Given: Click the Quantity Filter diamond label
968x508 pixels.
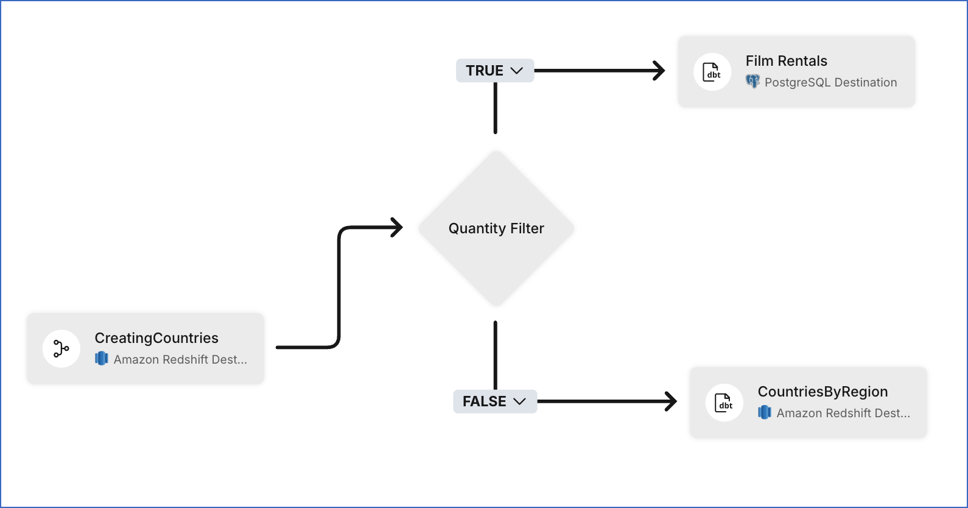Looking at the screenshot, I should click(496, 228).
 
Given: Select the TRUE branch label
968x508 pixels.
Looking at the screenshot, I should click(485, 71).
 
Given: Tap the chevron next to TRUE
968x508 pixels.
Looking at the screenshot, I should click(517, 71).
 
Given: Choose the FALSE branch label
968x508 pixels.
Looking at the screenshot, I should click(484, 401).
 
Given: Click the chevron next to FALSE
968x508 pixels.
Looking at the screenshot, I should click(519, 401).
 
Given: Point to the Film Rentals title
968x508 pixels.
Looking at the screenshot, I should click(786, 61).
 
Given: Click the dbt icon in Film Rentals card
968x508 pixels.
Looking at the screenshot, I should click(712, 72).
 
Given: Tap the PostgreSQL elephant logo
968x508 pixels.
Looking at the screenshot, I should click(753, 82).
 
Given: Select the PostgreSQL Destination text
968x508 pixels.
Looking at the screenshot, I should click(830, 82).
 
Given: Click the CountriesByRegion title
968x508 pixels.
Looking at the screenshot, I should click(822, 392).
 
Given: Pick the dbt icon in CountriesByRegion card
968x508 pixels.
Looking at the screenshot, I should click(724, 403).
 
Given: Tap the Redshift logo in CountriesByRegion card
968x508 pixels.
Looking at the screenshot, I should click(765, 413).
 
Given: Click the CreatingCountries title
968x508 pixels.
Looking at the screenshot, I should click(156, 338).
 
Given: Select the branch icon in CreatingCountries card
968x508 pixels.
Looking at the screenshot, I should click(61, 348).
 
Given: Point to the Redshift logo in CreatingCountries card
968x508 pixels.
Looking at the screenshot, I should click(102, 359).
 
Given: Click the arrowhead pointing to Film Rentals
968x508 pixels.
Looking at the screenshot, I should click(659, 71).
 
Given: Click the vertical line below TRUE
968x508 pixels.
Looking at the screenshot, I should click(496, 108).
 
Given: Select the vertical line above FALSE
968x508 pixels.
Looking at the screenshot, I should click(496, 355).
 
